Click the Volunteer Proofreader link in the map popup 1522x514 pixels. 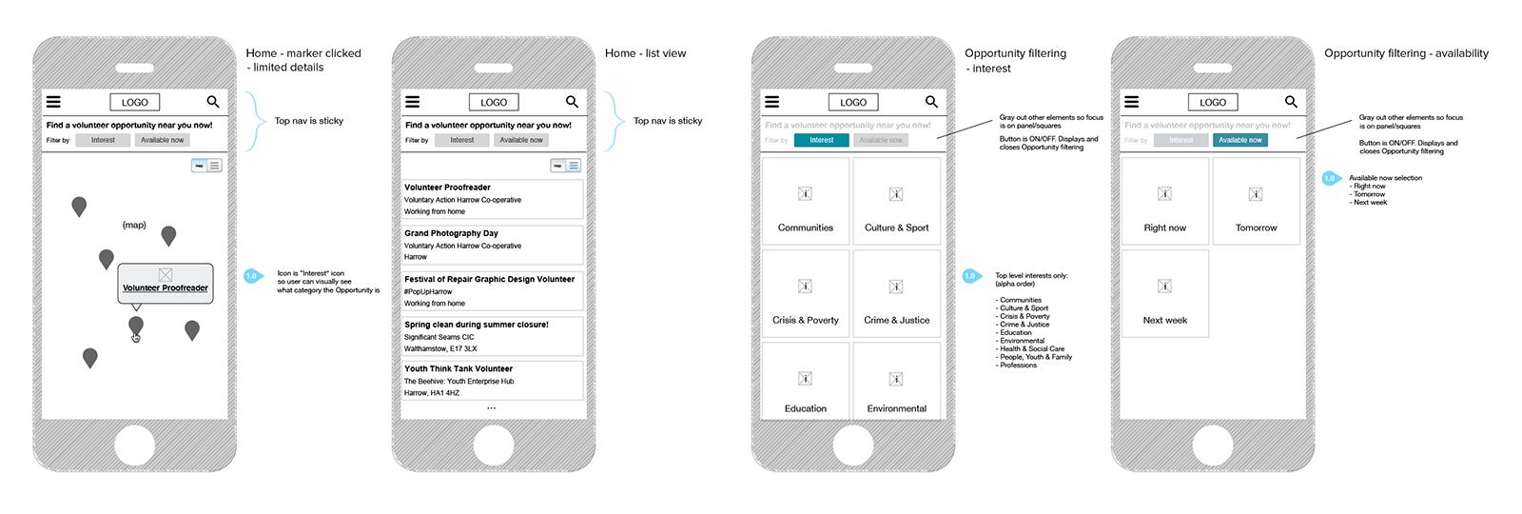click(x=165, y=287)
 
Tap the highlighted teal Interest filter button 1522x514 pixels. click(x=821, y=140)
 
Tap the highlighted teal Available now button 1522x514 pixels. click(x=1240, y=140)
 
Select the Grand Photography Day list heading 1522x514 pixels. click(x=451, y=233)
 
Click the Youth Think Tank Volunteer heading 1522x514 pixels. click(x=459, y=368)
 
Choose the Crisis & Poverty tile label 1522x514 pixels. click(x=805, y=320)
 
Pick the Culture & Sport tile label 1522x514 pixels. click(x=896, y=227)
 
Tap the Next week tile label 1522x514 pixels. click(x=1164, y=320)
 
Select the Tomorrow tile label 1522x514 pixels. click(x=1256, y=227)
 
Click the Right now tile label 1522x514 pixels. click(x=1164, y=227)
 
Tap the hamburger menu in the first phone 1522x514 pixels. click(x=53, y=102)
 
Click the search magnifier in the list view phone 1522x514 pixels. click(x=572, y=102)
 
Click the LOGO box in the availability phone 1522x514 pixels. click(x=1212, y=102)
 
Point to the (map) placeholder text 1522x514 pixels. click(x=134, y=225)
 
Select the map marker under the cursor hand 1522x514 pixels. click(x=136, y=326)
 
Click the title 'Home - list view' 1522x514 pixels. click(x=645, y=53)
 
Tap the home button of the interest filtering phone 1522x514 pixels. click(x=853, y=445)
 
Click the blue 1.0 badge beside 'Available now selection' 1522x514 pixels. click(x=1330, y=178)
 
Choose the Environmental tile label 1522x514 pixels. click(x=896, y=408)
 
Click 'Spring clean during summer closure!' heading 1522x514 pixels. click(x=476, y=325)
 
